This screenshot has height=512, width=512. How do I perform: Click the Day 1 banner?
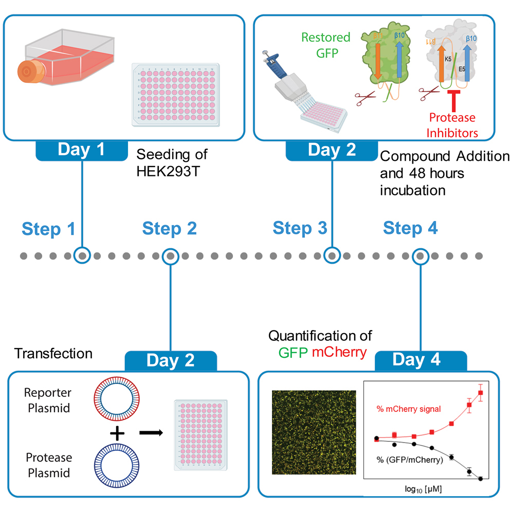(81, 150)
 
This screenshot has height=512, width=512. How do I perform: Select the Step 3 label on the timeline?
(300, 228)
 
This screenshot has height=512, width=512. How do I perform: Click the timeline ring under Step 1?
(82, 254)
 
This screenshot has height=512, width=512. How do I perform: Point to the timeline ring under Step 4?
(421, 254)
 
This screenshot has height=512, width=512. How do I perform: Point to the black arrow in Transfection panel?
(151, 432)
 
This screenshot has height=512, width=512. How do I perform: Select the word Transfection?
(53, 353)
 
